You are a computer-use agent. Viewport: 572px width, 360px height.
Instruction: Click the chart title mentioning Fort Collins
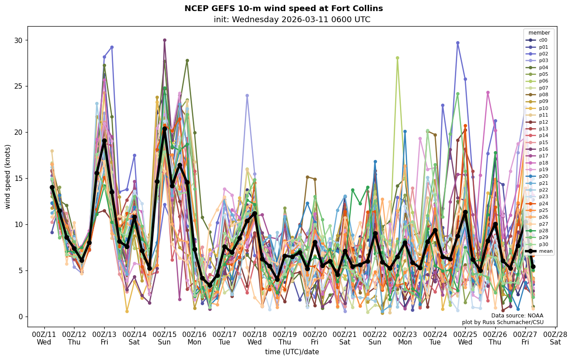(283, 9)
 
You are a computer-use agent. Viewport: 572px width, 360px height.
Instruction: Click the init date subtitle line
(292, 20)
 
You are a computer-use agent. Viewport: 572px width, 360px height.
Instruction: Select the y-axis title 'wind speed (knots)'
(8, 176)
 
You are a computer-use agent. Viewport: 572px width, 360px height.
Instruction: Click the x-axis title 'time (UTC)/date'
(292, 352)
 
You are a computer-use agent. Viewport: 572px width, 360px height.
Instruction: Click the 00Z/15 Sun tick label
(165, 338)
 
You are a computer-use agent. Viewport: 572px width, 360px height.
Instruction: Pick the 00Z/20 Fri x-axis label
(315, 338)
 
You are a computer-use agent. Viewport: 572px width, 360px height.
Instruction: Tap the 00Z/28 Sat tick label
(555, 338)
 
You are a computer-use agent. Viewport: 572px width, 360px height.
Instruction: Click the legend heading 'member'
(539, 33)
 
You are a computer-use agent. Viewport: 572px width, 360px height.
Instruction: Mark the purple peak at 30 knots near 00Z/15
(165, 40)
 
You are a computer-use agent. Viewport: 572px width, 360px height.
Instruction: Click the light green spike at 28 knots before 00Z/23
(397, 58)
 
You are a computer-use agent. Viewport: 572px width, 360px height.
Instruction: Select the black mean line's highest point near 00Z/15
(165, 129)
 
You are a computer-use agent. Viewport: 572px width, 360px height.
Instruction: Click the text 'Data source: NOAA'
(517, 316)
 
